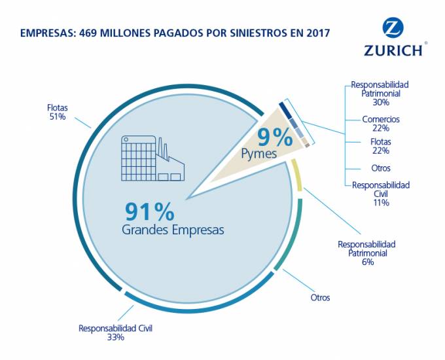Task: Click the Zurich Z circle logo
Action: pyautogui.click(x=393, y=27)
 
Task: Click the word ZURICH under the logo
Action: pyautogui.click(x=393, y=50)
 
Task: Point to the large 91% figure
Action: pyautogui.click(x=150, y=211)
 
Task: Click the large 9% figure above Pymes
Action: pyautogui.click(x=275, y=137)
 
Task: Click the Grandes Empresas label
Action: pyautogui.click(x=173, y=230)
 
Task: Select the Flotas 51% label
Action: pyautogui.click(x=57, y=112)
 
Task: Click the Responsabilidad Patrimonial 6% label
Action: pyautogui.click(x=366, y=253)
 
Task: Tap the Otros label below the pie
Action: pyautogui.click(x=320, y=297)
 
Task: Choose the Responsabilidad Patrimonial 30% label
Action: pyautogui.click(x=380, y=94)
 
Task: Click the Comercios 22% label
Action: pyautogui.click(x=381, y=124)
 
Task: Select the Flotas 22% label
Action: pyautogui.click(x=380, y=146)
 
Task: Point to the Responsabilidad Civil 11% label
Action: pyautogui.click(x=381, y=194)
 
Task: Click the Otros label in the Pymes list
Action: pyautogui.click(x=380, y=168)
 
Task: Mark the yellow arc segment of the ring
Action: pyautogui.click(x=299, y=176)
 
